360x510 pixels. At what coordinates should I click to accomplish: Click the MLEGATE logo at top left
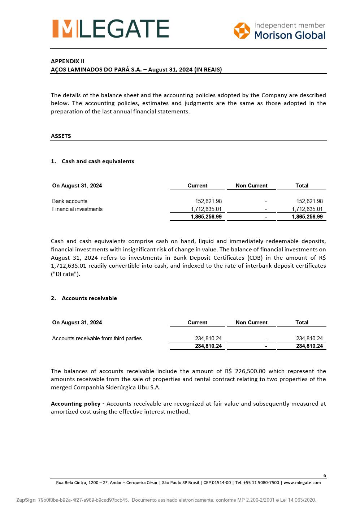tap(110, 29)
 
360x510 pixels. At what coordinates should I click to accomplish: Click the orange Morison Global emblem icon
tap(242, 30)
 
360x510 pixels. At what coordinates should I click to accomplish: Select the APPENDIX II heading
tap(68, 61)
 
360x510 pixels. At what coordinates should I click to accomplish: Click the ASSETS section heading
tap(61, 136)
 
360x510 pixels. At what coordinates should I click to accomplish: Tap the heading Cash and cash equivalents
tap(98, 161)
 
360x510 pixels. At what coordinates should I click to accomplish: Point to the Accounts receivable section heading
tap(89, 298)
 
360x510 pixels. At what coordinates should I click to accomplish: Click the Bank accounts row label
tap(70, 201)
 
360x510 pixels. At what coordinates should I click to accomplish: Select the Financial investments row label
tap(77, 209)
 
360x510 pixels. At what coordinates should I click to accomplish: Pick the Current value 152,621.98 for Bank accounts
tap(208, 201)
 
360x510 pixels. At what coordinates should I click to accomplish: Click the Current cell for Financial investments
tap(206, 209)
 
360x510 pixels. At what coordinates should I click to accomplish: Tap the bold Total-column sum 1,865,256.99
tap(307, 217)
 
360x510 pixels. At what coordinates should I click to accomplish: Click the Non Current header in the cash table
tap(251, 186)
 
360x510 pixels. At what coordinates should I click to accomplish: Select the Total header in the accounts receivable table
tap(302, 323)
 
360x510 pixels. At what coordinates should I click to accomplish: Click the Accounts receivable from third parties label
tap(97, 338)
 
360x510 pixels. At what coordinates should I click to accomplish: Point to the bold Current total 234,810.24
tap(208, 346)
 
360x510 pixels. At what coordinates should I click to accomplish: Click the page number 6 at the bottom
tap(325, 475)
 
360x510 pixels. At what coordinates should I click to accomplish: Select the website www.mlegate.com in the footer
tap(302, 483)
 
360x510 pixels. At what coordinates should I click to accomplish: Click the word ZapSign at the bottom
tap(26, 500)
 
